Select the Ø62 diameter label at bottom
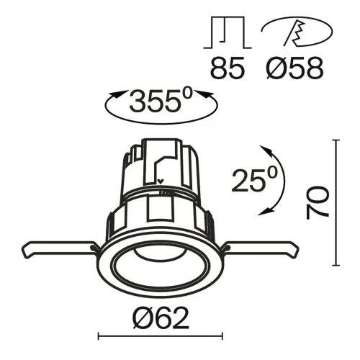[161, 316]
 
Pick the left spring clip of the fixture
[58, 248]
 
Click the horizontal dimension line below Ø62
[161, 336]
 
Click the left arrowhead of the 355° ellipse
[113, 94]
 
